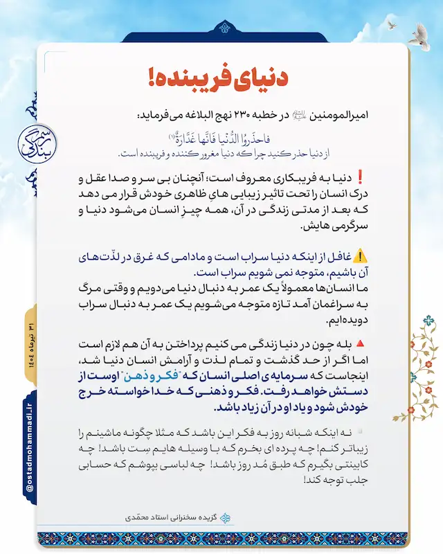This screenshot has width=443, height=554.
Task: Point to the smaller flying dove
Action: pyautogui.click(x=392, y=25)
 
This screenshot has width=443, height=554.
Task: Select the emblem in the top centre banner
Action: pyautogui.click(x=221, y=28)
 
